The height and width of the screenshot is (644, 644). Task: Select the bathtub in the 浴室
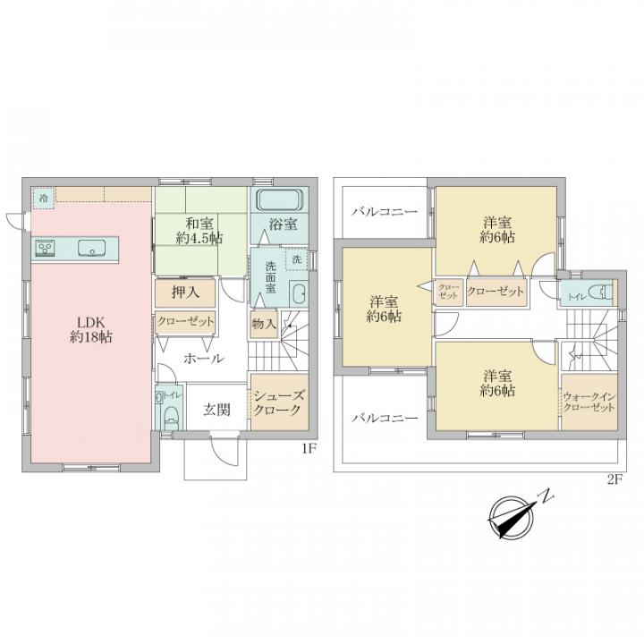[x=281, y=199]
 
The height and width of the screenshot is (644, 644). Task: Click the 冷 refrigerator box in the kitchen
[x=42, y=198]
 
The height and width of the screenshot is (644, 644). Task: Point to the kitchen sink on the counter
[x=92, y=248]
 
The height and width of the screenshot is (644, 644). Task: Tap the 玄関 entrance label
[x=216, y=410]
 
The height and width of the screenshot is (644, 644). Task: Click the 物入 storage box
[x=264, y=323]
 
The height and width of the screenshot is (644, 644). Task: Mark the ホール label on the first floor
[x=203, y=359]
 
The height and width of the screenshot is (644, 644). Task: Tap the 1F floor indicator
[x=309, y=450]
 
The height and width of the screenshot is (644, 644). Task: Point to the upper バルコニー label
[x=384, y=212]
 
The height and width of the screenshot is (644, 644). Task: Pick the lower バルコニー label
[x=384, y=417]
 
